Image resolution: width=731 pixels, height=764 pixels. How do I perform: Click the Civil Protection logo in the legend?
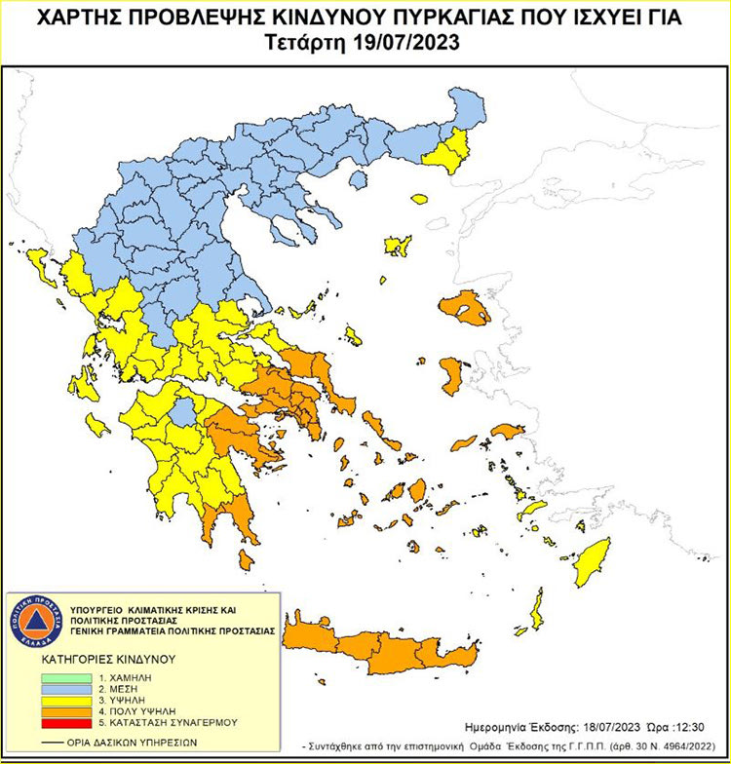[x=36, y=621]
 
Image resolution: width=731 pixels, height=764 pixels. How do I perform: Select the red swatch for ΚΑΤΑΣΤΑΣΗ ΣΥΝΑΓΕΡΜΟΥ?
[x=66, y=722]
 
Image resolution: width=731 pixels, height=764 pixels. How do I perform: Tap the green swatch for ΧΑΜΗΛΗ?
[x=66, y=675]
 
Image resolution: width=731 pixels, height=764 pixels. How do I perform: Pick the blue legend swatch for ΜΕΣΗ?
[x=66, y=687]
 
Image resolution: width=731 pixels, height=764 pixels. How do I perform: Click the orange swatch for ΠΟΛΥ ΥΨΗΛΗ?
[x=66, y=710]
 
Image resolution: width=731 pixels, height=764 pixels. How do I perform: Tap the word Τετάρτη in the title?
[x=302, y=43]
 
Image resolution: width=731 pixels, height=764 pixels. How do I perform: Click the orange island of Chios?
[x=451, y=374]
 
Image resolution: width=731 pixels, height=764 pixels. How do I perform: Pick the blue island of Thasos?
[x=358, y=180]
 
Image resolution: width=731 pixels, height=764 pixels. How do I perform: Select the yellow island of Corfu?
[x=42, y=261]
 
